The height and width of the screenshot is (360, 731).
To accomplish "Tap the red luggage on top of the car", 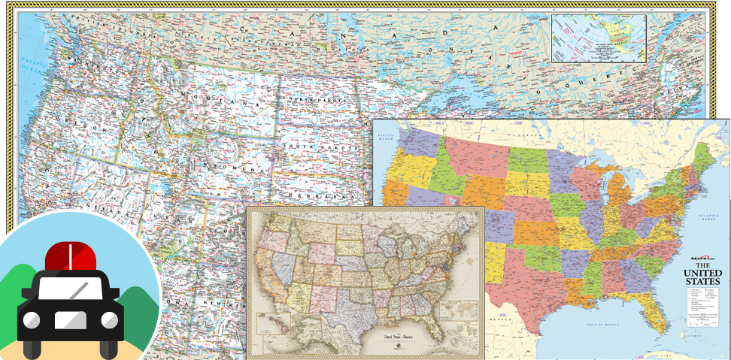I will (73, 257).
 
